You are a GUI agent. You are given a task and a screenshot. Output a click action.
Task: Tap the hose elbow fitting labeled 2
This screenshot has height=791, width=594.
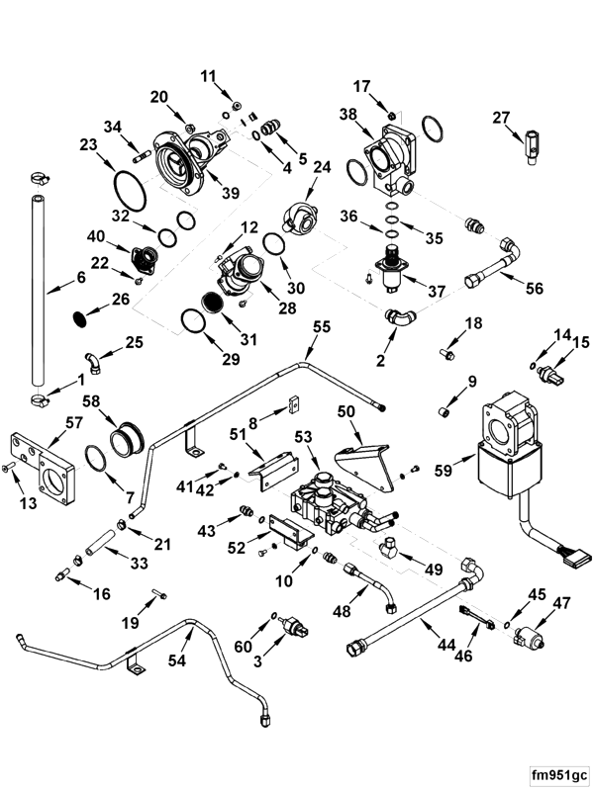(x=398, y=318)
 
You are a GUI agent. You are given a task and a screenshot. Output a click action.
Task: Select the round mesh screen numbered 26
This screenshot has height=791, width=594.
(x=83, y=317)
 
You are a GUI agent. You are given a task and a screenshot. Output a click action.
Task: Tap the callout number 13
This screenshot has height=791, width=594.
(x=28, y=504)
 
